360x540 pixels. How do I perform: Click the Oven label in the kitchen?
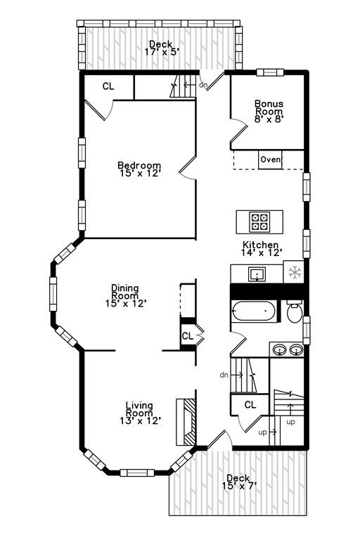pos(271,160)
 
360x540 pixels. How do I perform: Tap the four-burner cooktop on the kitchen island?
pos(259,221)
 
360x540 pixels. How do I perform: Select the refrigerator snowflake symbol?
pos(295,272)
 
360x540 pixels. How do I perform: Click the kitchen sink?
pos(257,274)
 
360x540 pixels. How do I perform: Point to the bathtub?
pos(254,311)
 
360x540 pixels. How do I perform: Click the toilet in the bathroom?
pos(295,312)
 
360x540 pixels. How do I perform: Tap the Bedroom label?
pos(139,169)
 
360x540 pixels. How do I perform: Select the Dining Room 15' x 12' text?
pos(126,295)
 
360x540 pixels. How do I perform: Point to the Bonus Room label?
pos(269,111)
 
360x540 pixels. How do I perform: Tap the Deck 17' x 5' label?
pos(162,48)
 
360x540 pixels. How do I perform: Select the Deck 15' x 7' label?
pos(239,482)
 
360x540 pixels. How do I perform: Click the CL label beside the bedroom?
pos(108,86)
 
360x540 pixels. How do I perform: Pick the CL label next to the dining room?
pos(188,336)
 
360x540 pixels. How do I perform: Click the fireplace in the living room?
pos(186,422)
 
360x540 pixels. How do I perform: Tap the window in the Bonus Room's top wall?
pos(270,72)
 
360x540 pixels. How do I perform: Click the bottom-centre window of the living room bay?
pos(137,472)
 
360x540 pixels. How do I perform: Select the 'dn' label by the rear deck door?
pos(204,84)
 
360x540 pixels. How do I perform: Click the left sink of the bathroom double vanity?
pos(280,350)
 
